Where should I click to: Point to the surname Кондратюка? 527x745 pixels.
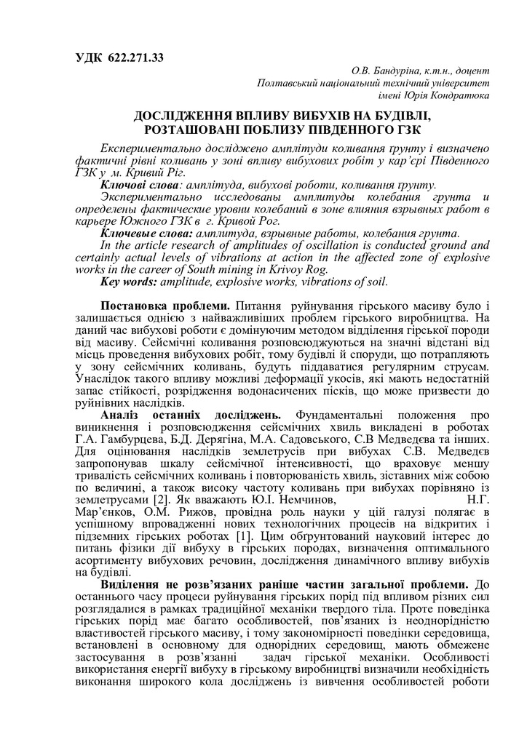click(459, 95)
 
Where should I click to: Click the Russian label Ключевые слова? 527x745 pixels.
click(138, 234)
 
